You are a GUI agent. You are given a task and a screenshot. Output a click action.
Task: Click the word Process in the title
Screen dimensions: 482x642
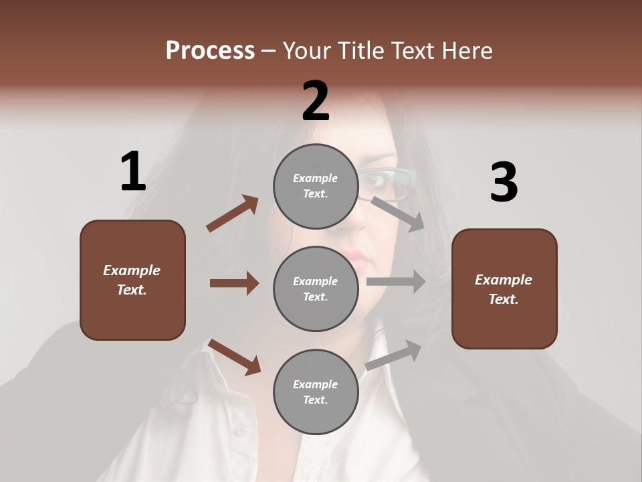210,51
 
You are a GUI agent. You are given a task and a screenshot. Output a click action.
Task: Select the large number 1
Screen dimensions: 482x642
133,172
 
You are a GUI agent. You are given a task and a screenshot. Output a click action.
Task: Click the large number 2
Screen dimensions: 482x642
316,101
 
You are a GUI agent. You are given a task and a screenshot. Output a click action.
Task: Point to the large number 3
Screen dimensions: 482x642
504,183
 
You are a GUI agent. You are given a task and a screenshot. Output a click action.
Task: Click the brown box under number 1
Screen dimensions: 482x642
132,280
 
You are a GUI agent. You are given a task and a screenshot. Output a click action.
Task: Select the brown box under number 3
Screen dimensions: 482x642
504,289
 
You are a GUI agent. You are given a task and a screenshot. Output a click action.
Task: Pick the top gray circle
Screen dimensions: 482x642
316,186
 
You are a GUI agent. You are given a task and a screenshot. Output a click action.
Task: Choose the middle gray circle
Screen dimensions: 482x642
316,289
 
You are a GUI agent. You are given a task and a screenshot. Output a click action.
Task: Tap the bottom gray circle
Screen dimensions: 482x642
316,392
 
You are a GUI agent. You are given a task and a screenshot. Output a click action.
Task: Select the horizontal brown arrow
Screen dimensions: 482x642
234,283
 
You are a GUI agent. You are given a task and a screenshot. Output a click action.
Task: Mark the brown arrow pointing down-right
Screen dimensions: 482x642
235,357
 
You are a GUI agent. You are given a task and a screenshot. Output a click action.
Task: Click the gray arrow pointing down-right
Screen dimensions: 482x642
398,214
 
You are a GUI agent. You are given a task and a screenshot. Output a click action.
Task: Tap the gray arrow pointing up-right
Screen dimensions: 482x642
393,355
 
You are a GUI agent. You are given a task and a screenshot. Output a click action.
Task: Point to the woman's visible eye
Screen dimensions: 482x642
378,179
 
